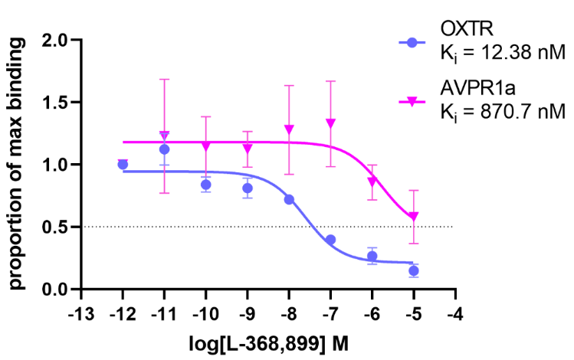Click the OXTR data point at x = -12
[x=123, y=164]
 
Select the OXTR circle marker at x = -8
[x=289, y=199]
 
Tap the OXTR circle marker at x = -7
[x=330, y=240]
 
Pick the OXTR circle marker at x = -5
[x=414, y=270]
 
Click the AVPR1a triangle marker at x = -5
[x=414, y=217]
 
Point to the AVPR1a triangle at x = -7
[x=330, y=123]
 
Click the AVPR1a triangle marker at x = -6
[x=372, y=182]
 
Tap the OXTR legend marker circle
[x=414, y=43]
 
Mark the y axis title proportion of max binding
[x=18, y=164]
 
